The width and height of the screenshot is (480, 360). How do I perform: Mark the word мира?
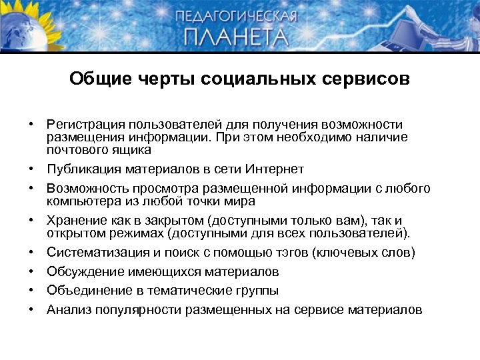(241, 201)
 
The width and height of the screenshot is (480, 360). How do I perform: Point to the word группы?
(257, 291)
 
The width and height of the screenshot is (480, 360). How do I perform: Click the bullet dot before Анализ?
(31, 309)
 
